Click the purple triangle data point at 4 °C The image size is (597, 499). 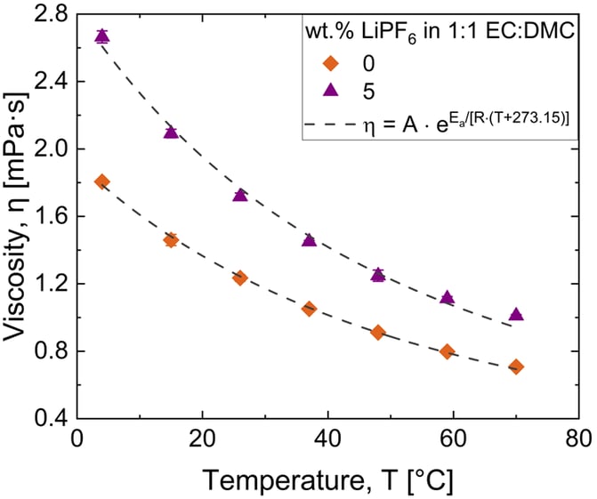tap(102, 36)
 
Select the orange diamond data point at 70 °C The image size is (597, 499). tap(516, 367)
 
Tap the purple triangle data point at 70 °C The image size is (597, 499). tap(516, 314)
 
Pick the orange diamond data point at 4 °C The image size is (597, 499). tap(102, 182)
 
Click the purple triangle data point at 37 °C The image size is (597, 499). tap(309, 240)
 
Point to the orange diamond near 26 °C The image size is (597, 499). tap(240, 278)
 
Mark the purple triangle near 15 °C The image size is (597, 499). tap(171, 132)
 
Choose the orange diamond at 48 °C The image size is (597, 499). tap(378, 333)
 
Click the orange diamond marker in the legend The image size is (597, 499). tap(330, 63)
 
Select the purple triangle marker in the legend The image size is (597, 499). tap(330, 90)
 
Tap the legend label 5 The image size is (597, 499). tap(368, 92)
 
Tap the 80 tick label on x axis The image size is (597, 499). tap(578, 439)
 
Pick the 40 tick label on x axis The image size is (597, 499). tap(328, 439)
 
